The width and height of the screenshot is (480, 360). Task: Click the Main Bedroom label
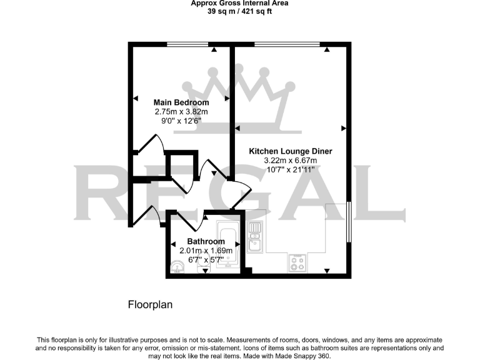pos(181,102)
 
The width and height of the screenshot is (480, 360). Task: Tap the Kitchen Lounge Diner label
pos(290,151)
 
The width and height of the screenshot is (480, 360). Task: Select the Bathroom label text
pos(206,241)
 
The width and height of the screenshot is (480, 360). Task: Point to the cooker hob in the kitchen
pos(297,263)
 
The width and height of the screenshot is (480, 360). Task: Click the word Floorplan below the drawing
pos(149,305)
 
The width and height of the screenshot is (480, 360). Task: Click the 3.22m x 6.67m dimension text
pos(290,161)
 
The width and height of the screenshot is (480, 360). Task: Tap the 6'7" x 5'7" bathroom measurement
pos(206,259)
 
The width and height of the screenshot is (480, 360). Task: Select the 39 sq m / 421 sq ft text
pos(239,11)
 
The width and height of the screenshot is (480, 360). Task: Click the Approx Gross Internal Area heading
pos(239,3)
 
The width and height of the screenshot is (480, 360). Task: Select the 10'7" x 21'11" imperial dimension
pos(290,170)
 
